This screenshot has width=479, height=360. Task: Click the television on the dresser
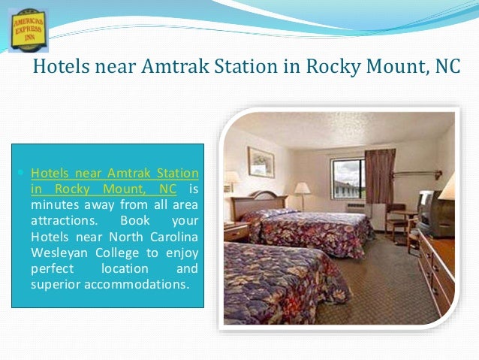(434, 213)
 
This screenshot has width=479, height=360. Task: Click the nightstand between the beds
(235, 233)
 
